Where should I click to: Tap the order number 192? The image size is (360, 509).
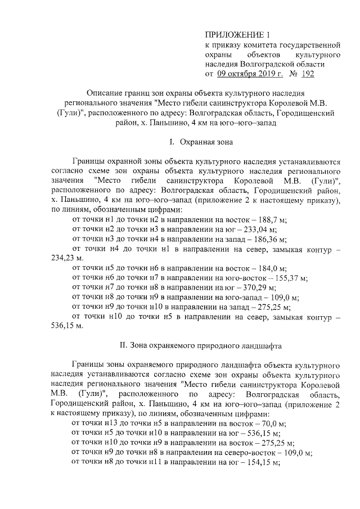coord(308,74)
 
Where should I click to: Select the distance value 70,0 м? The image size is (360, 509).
coord(273,422)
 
